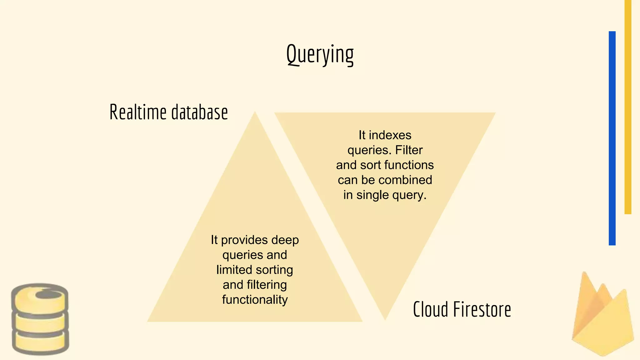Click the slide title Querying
(320, 55)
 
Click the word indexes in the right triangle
(390, 135)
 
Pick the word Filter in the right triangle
(409, 150)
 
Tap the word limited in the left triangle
(234, 270)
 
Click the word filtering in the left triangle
(267, 285)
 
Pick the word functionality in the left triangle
(255, 300)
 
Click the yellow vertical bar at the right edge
(628, 106)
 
